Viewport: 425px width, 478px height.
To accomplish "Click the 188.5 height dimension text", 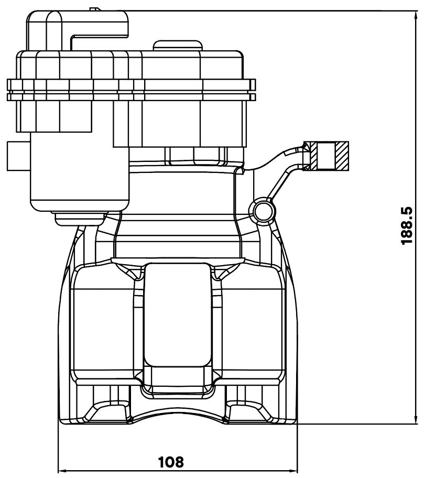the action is [x=407, y=225].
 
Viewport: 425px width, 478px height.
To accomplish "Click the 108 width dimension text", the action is [x=171, y=462].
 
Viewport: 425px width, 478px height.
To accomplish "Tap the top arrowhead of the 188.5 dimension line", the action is [x=417, y=16].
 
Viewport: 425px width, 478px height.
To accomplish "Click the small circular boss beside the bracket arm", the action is [x=263, y=210].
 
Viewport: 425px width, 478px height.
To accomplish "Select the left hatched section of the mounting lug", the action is [x=311, y=156].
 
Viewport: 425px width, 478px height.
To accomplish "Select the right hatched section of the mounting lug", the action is [x=342, y=156].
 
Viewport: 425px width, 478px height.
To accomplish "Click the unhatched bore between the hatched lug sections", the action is [x=326, y=156].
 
